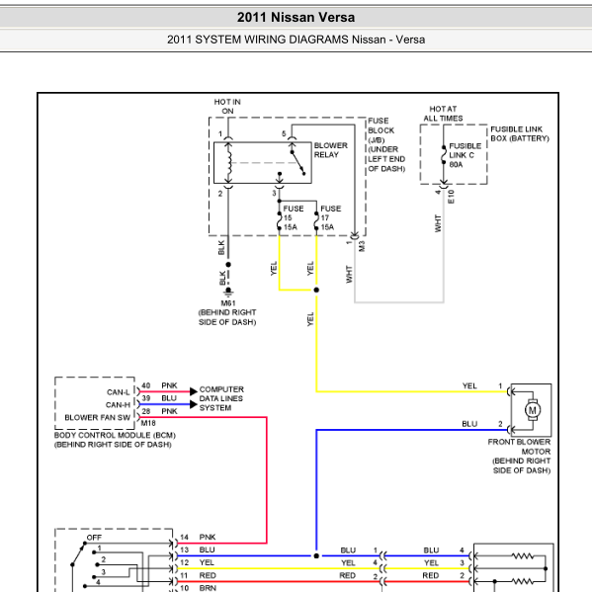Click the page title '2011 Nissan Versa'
click(296, 18)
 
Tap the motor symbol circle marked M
click(533, 410)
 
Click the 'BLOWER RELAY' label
click(331, 150)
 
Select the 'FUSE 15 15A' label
click(294, 217)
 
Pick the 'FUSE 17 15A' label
click(331, 217)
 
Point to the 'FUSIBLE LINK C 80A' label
click(465, 155)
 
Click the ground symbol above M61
click(228, 293)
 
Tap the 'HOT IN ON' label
click(227, 107)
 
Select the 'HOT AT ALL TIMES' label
click(443, 114)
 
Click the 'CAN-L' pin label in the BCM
click(119, 392)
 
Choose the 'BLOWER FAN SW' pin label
click(98, 418)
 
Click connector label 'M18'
click(148, 423)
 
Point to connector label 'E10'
click(451, 197)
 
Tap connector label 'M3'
click(362, 246)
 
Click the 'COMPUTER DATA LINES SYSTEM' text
click(221, 398)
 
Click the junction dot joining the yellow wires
click(316, 290)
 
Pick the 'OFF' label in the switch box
click(94, 538)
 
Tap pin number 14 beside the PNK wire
click(184, 538)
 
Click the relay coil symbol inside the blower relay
click(229, 163)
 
